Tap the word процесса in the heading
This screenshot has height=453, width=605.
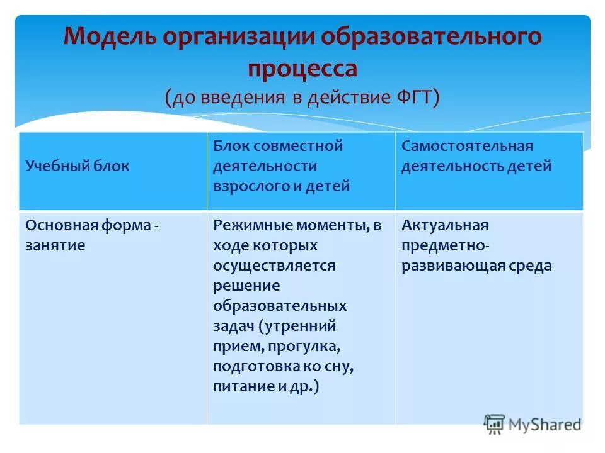302,68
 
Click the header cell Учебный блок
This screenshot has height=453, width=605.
78,166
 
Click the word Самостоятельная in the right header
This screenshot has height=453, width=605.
468,146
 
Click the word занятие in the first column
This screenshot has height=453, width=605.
55,245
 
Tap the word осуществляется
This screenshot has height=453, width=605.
274,266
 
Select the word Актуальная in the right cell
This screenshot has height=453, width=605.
445,225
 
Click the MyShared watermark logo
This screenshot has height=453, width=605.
533,424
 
